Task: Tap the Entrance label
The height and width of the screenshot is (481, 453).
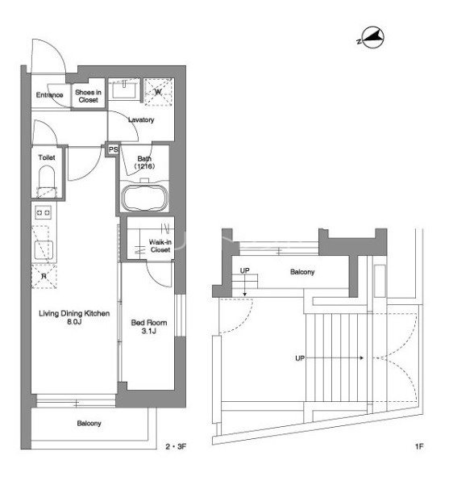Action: click(50, 94)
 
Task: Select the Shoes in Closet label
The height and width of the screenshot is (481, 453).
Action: click(88, 96)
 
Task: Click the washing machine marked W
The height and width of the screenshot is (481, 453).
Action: click(158, 92)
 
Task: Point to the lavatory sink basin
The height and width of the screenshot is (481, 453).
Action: click(124, 90)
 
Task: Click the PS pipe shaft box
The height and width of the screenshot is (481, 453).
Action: click(113, 149)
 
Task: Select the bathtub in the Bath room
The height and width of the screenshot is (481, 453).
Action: click(144, 198)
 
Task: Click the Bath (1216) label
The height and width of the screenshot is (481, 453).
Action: click(144, 162)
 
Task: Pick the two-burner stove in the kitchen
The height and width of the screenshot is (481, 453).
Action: click(44, 212)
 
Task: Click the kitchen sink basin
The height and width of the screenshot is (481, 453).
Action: click(44, 250)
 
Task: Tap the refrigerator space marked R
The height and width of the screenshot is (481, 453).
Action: click(44, 276)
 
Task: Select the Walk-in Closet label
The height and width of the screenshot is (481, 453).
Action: click(160, 245)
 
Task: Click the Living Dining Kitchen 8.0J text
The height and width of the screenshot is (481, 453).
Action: click(74, 317)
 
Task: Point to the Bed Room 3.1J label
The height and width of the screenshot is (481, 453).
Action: click(149, 326)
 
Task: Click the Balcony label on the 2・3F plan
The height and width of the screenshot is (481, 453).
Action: click(89, 424)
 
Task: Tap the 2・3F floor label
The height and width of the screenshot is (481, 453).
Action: click(176, 446)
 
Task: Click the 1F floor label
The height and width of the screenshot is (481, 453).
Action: click(419, 446)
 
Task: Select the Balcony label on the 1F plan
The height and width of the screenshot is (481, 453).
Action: click(302, 272)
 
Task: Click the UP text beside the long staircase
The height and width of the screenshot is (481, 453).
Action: click(300, 358)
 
